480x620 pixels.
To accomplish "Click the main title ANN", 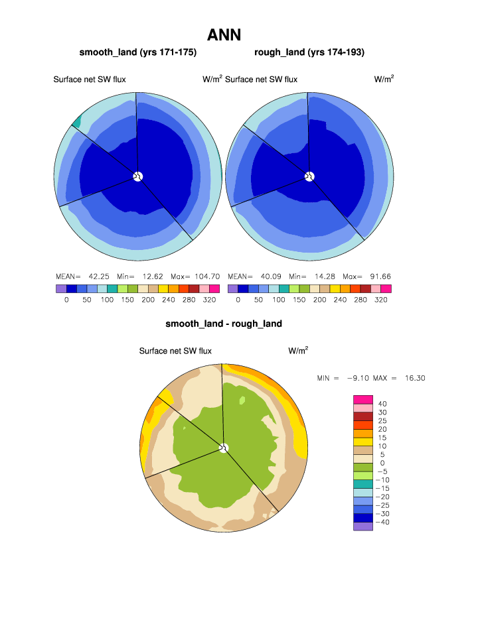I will coord(224,34).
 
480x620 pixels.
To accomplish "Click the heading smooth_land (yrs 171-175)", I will coord(138,52).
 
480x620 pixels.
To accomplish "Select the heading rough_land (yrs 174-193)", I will coord(309,52).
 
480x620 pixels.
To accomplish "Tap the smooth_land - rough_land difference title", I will coord(224,324).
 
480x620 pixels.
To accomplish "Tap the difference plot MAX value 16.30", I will coord(411,378).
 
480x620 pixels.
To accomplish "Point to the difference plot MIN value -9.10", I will coord(358,378).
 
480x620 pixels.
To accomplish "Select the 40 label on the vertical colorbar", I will coord(382,404).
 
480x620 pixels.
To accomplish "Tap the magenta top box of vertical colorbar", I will coord(363,399).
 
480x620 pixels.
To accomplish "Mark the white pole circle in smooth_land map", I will coord(137,176).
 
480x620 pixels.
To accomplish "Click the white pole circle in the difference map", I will coord(224,448).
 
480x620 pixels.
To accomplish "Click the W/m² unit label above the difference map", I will coord(298,350).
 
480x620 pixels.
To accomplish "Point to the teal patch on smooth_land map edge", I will coord(76,121).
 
